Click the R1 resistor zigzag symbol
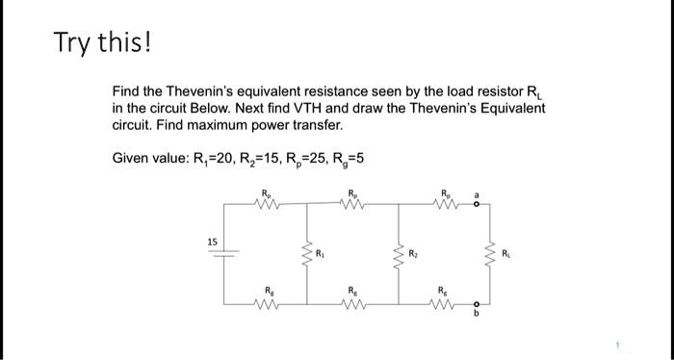pyautogui.click(x=308, y=255)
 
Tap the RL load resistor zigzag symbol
pyautogui.click(x=488, y=256)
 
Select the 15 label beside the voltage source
pyautogui.click(x=211, y=240)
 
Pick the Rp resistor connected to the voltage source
pyautogui.click(x=266, y=203)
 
